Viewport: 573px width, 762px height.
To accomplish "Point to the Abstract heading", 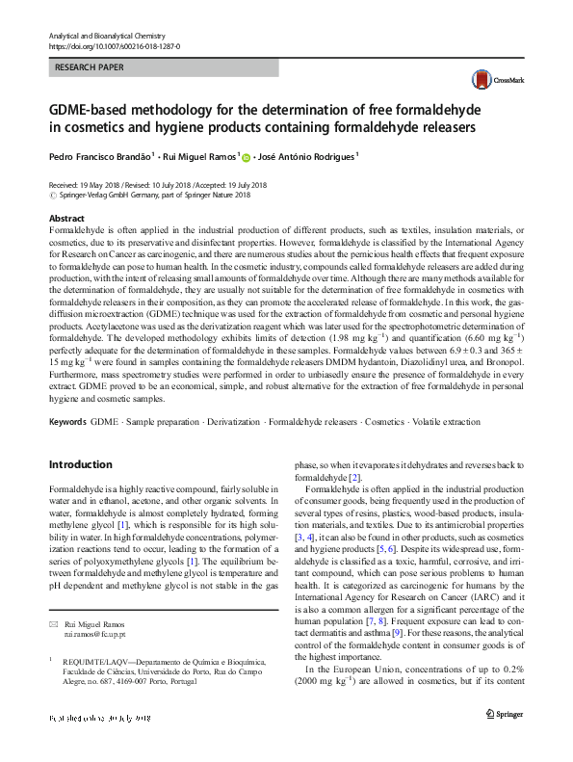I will point(66,220).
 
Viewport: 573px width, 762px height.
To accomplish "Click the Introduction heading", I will point(80,464).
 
